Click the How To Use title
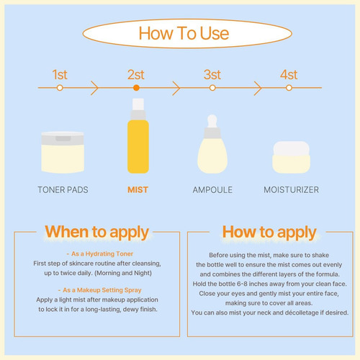point(184,33)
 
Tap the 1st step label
point(60,75)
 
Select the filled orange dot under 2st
point(136,88)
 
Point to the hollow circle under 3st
point(212,88)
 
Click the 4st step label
point(289,75)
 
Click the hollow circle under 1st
point(60,88)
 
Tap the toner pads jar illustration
point(63,152)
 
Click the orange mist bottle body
point(138,147)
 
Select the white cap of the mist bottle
point(138,104)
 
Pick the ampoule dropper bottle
point(212,144)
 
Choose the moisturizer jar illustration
point(292,157)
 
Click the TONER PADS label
point(63,190)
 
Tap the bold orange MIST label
point(138,190)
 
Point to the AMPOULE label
point(212,190)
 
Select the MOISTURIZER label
point(292,190)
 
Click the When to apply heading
point(97,233)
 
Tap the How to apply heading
point(269,233)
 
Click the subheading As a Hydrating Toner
point(100,253)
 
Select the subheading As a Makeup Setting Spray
point(100,290)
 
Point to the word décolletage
point(302,312)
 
